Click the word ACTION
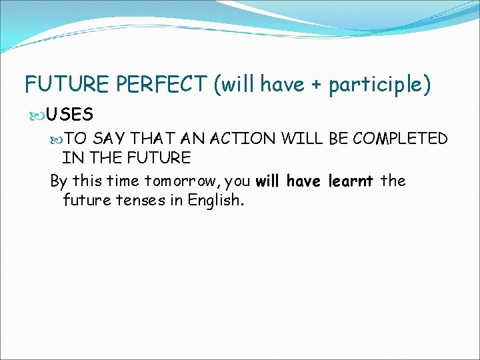pyautogui.click(x=243, y=139)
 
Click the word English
pyautogui.click(x=218, y=201)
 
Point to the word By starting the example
pyautogui.click(x=59, y=181)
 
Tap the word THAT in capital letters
pyautogui.click(x=153, y=139)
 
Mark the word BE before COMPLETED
pyautogui.click(x=338, y=139)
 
